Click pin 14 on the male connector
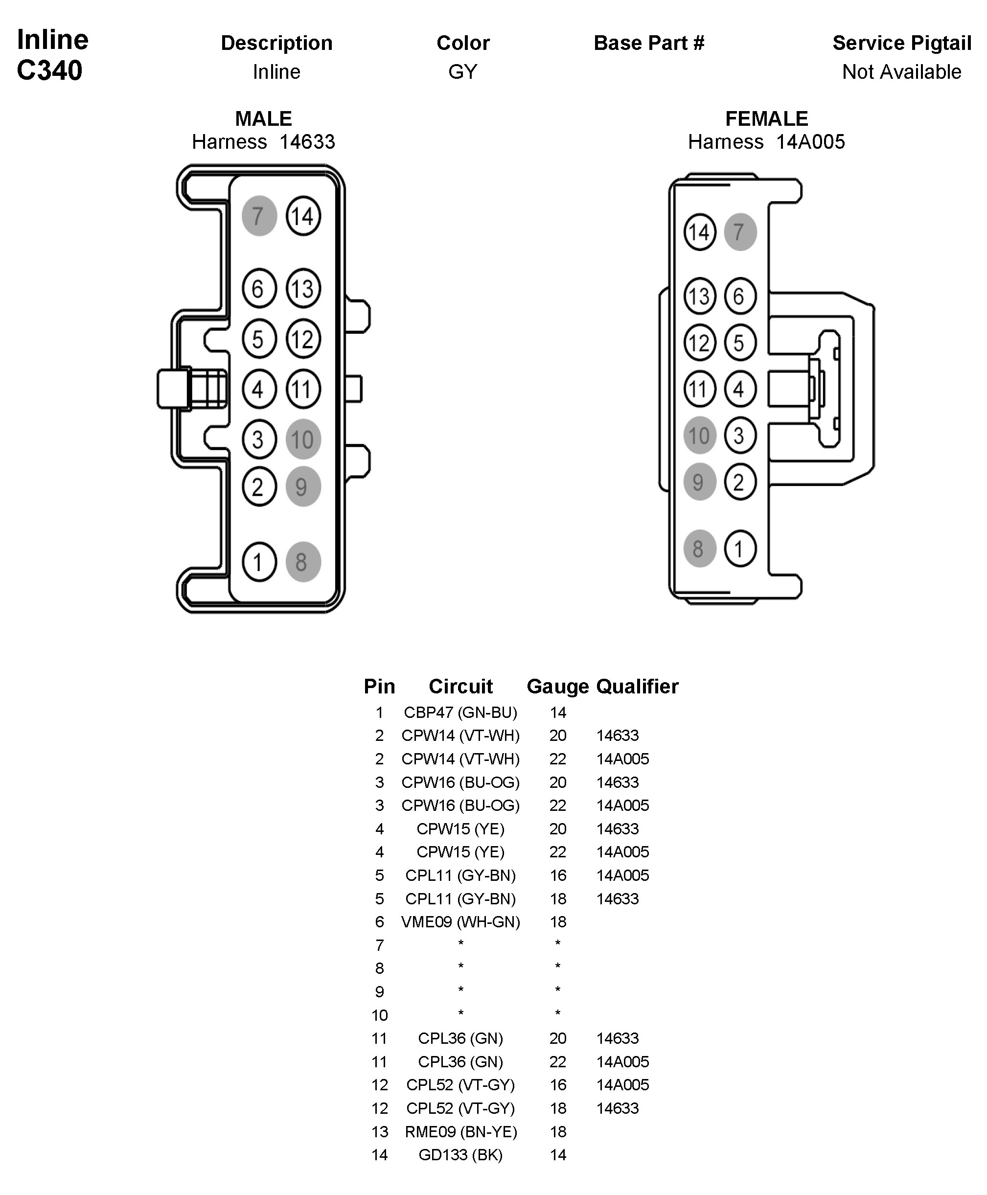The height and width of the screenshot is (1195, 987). click(x=303, y=216)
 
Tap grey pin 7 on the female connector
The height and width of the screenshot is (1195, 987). click(x=740, y=232)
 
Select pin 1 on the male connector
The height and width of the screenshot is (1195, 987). click(x=259, y=562)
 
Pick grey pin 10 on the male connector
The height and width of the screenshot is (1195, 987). click(x=303, y=439)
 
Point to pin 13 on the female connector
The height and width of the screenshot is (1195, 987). click(x=699, y=296)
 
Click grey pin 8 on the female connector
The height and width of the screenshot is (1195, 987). click(x=699, y=549)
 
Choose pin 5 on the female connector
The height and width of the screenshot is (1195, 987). click(x=740, y=343)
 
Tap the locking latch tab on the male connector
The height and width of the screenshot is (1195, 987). click(x=174, y=390)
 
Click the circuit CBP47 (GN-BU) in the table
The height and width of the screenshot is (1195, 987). click(x=460, y=712)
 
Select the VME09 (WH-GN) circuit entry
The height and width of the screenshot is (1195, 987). click(x=460, y=921)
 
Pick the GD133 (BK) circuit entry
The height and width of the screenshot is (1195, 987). click(x=460, y=1155)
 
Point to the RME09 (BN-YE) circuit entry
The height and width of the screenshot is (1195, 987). click(x=460, y=1131)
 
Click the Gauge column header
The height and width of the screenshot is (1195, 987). click(x=558, y=686)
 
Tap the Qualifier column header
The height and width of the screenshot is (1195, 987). click(x=637, y=686)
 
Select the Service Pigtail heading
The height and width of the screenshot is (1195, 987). click(x=902, y=43)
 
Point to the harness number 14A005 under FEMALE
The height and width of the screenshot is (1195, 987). click(x=810, y=141)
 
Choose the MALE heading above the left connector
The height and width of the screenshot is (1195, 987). click(x=263, y=119)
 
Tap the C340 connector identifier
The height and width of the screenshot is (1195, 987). click(x=49, y=70)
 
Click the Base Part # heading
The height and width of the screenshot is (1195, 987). click(x=649, y=43)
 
